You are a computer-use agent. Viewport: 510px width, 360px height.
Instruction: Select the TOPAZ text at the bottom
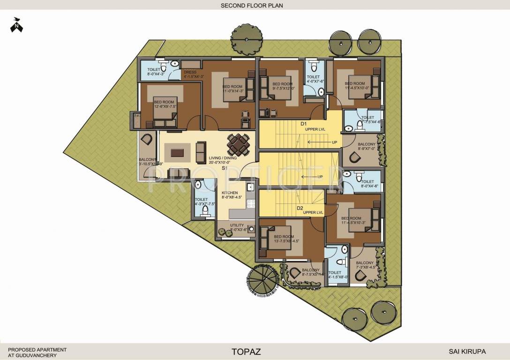pos(246,351)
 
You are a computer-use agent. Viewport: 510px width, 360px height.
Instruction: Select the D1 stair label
pos(303,123)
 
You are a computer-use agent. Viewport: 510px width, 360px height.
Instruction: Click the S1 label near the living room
pos(225,168)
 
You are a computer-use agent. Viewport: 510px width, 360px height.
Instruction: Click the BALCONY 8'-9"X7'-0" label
pos(367,147)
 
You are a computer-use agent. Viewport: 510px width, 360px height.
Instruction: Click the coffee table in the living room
pos(178,152)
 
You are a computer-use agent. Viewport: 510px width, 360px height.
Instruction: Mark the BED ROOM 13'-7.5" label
pos(284,239)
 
